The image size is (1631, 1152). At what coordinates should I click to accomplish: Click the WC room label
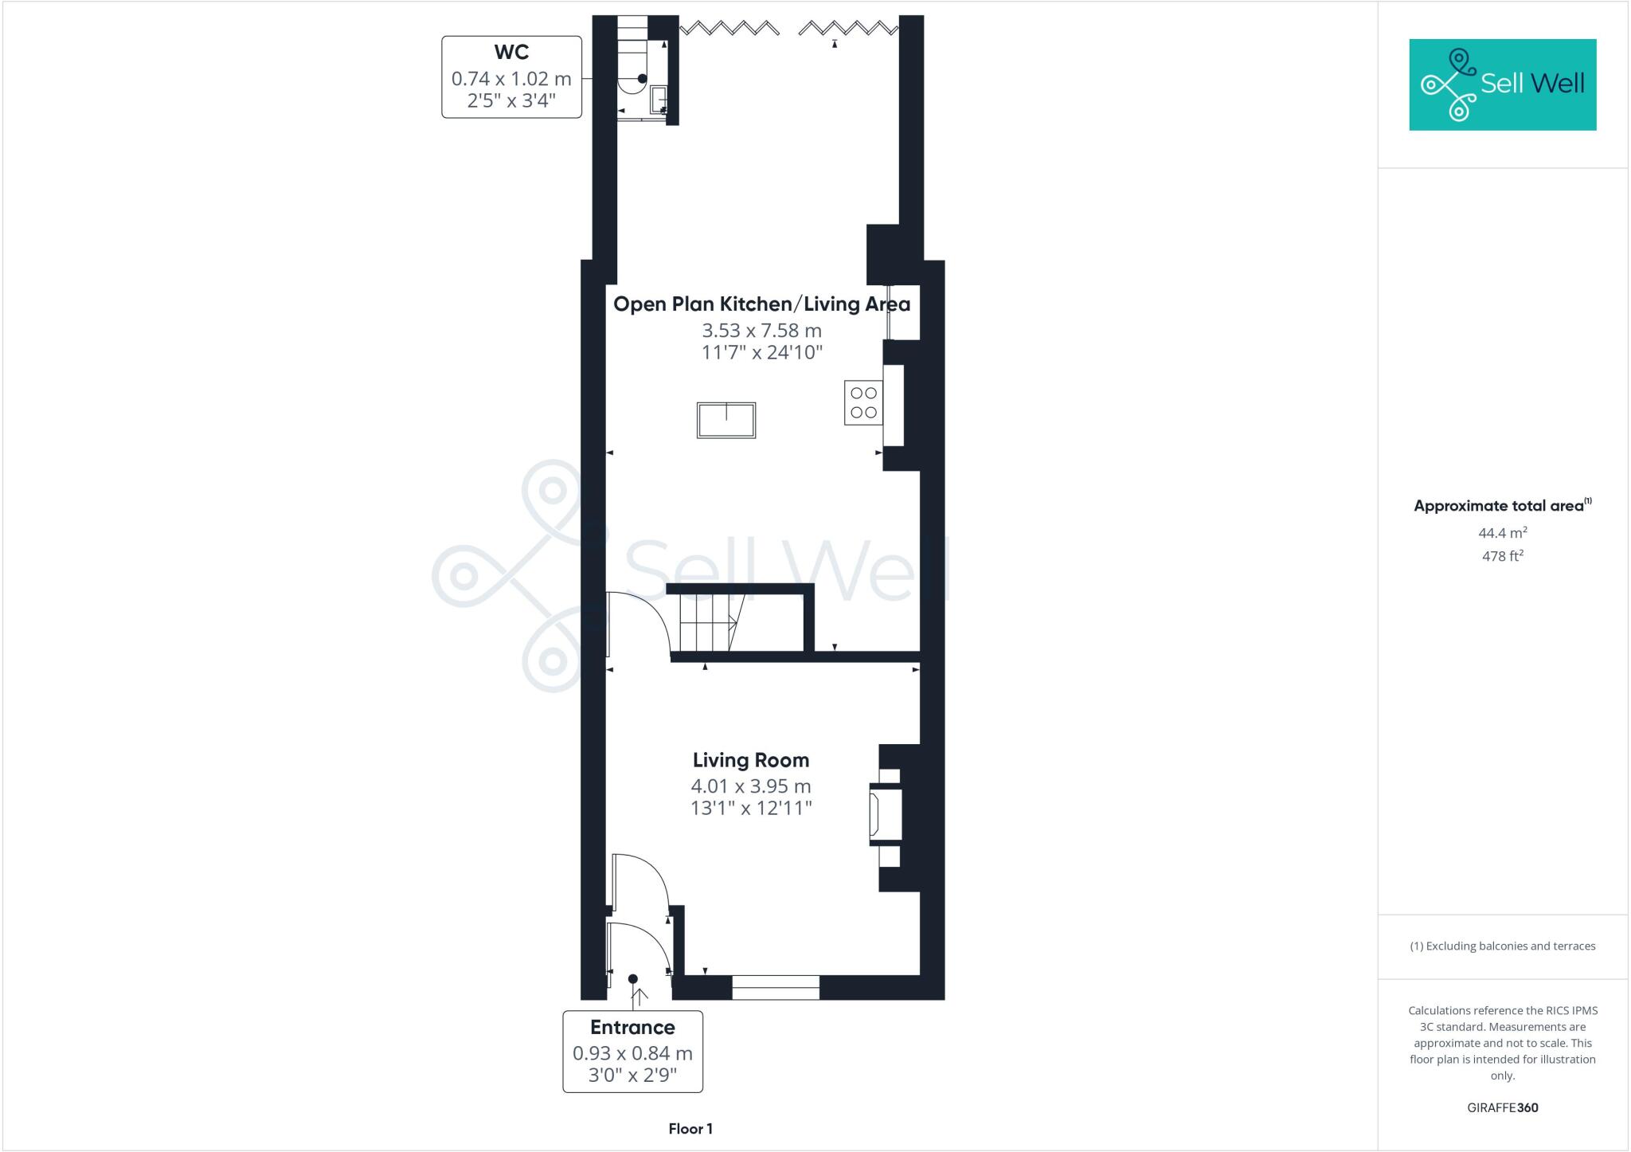(x=511, y=53)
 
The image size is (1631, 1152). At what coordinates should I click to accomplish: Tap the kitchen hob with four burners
(x=863, y=403)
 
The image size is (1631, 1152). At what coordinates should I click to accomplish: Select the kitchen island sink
(x=726, y=420)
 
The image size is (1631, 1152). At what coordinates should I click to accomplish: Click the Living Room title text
(x=750, y=760)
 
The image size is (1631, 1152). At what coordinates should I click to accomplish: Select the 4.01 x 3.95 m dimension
(x=750, y=786)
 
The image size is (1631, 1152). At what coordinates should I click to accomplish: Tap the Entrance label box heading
(x=632, y=1027)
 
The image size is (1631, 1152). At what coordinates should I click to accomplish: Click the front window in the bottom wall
(x=775, y=988)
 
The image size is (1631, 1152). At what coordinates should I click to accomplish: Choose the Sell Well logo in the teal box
(x=1502, y=84)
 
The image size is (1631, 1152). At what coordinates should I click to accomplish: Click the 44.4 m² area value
(x=1502, y=533)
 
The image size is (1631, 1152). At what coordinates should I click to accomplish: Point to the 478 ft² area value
(x=1502, y=556)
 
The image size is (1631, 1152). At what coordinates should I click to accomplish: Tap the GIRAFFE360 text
(x=1502, y=1107)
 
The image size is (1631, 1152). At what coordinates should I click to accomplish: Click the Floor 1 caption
(x=690, y=1129)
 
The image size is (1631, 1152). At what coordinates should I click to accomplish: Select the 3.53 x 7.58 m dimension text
(x=761, y=330)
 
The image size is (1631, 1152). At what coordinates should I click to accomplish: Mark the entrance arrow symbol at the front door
(x=638, y=995)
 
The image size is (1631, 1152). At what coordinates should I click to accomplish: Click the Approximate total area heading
(x=1500, y=506)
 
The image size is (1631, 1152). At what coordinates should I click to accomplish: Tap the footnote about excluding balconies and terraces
(x=1502, y=946)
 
